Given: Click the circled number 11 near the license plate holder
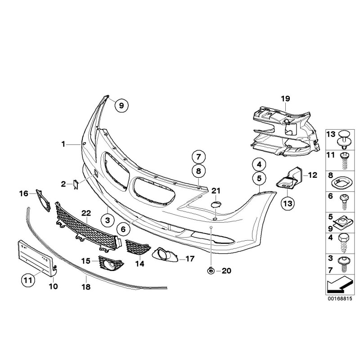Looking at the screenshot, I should point(28,280).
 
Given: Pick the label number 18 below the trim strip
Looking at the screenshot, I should point(86,285).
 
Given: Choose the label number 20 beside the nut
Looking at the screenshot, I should point(226,270).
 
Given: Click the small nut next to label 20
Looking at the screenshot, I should point(211,270).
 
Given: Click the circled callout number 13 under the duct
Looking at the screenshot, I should point(289,203).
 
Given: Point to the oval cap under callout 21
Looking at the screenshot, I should point(216,205).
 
